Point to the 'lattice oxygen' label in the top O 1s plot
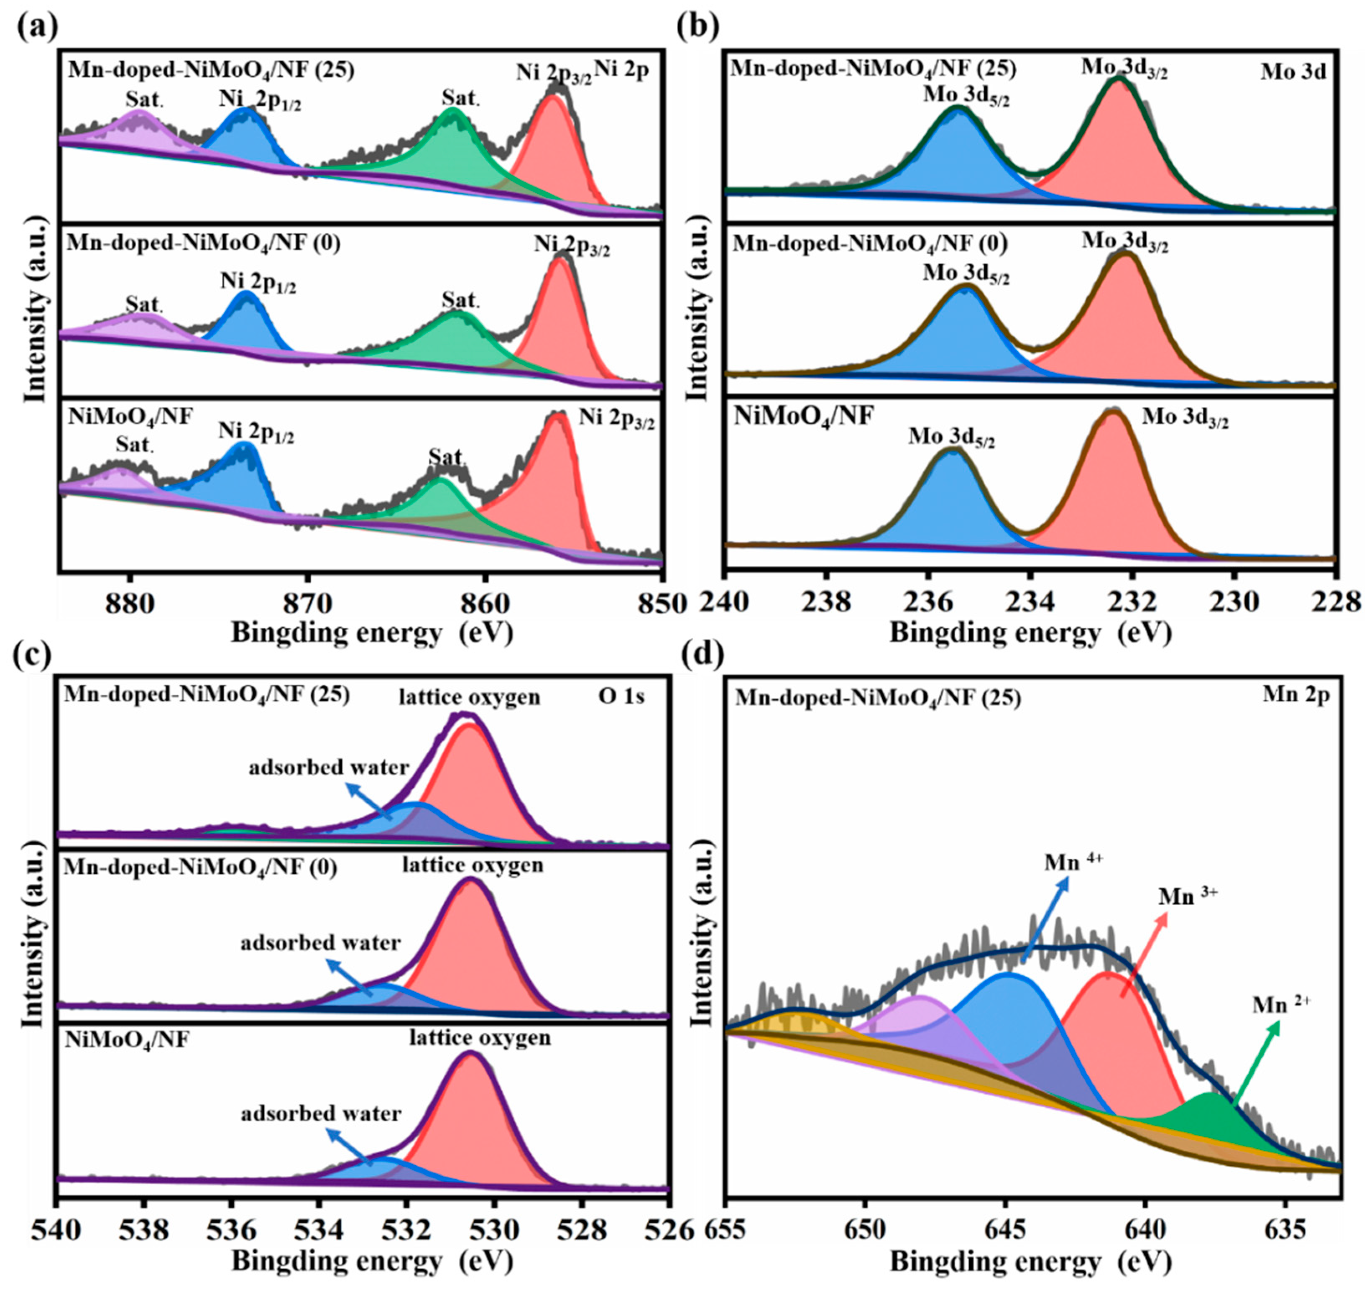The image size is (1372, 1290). (469, 697)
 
